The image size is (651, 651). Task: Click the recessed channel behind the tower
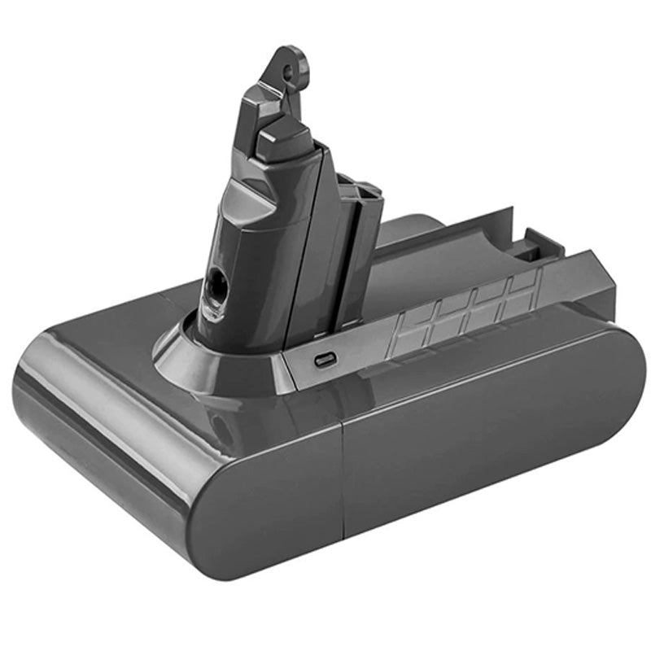(x=456, y=252)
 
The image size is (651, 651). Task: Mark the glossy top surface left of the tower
(x=106, y=342)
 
